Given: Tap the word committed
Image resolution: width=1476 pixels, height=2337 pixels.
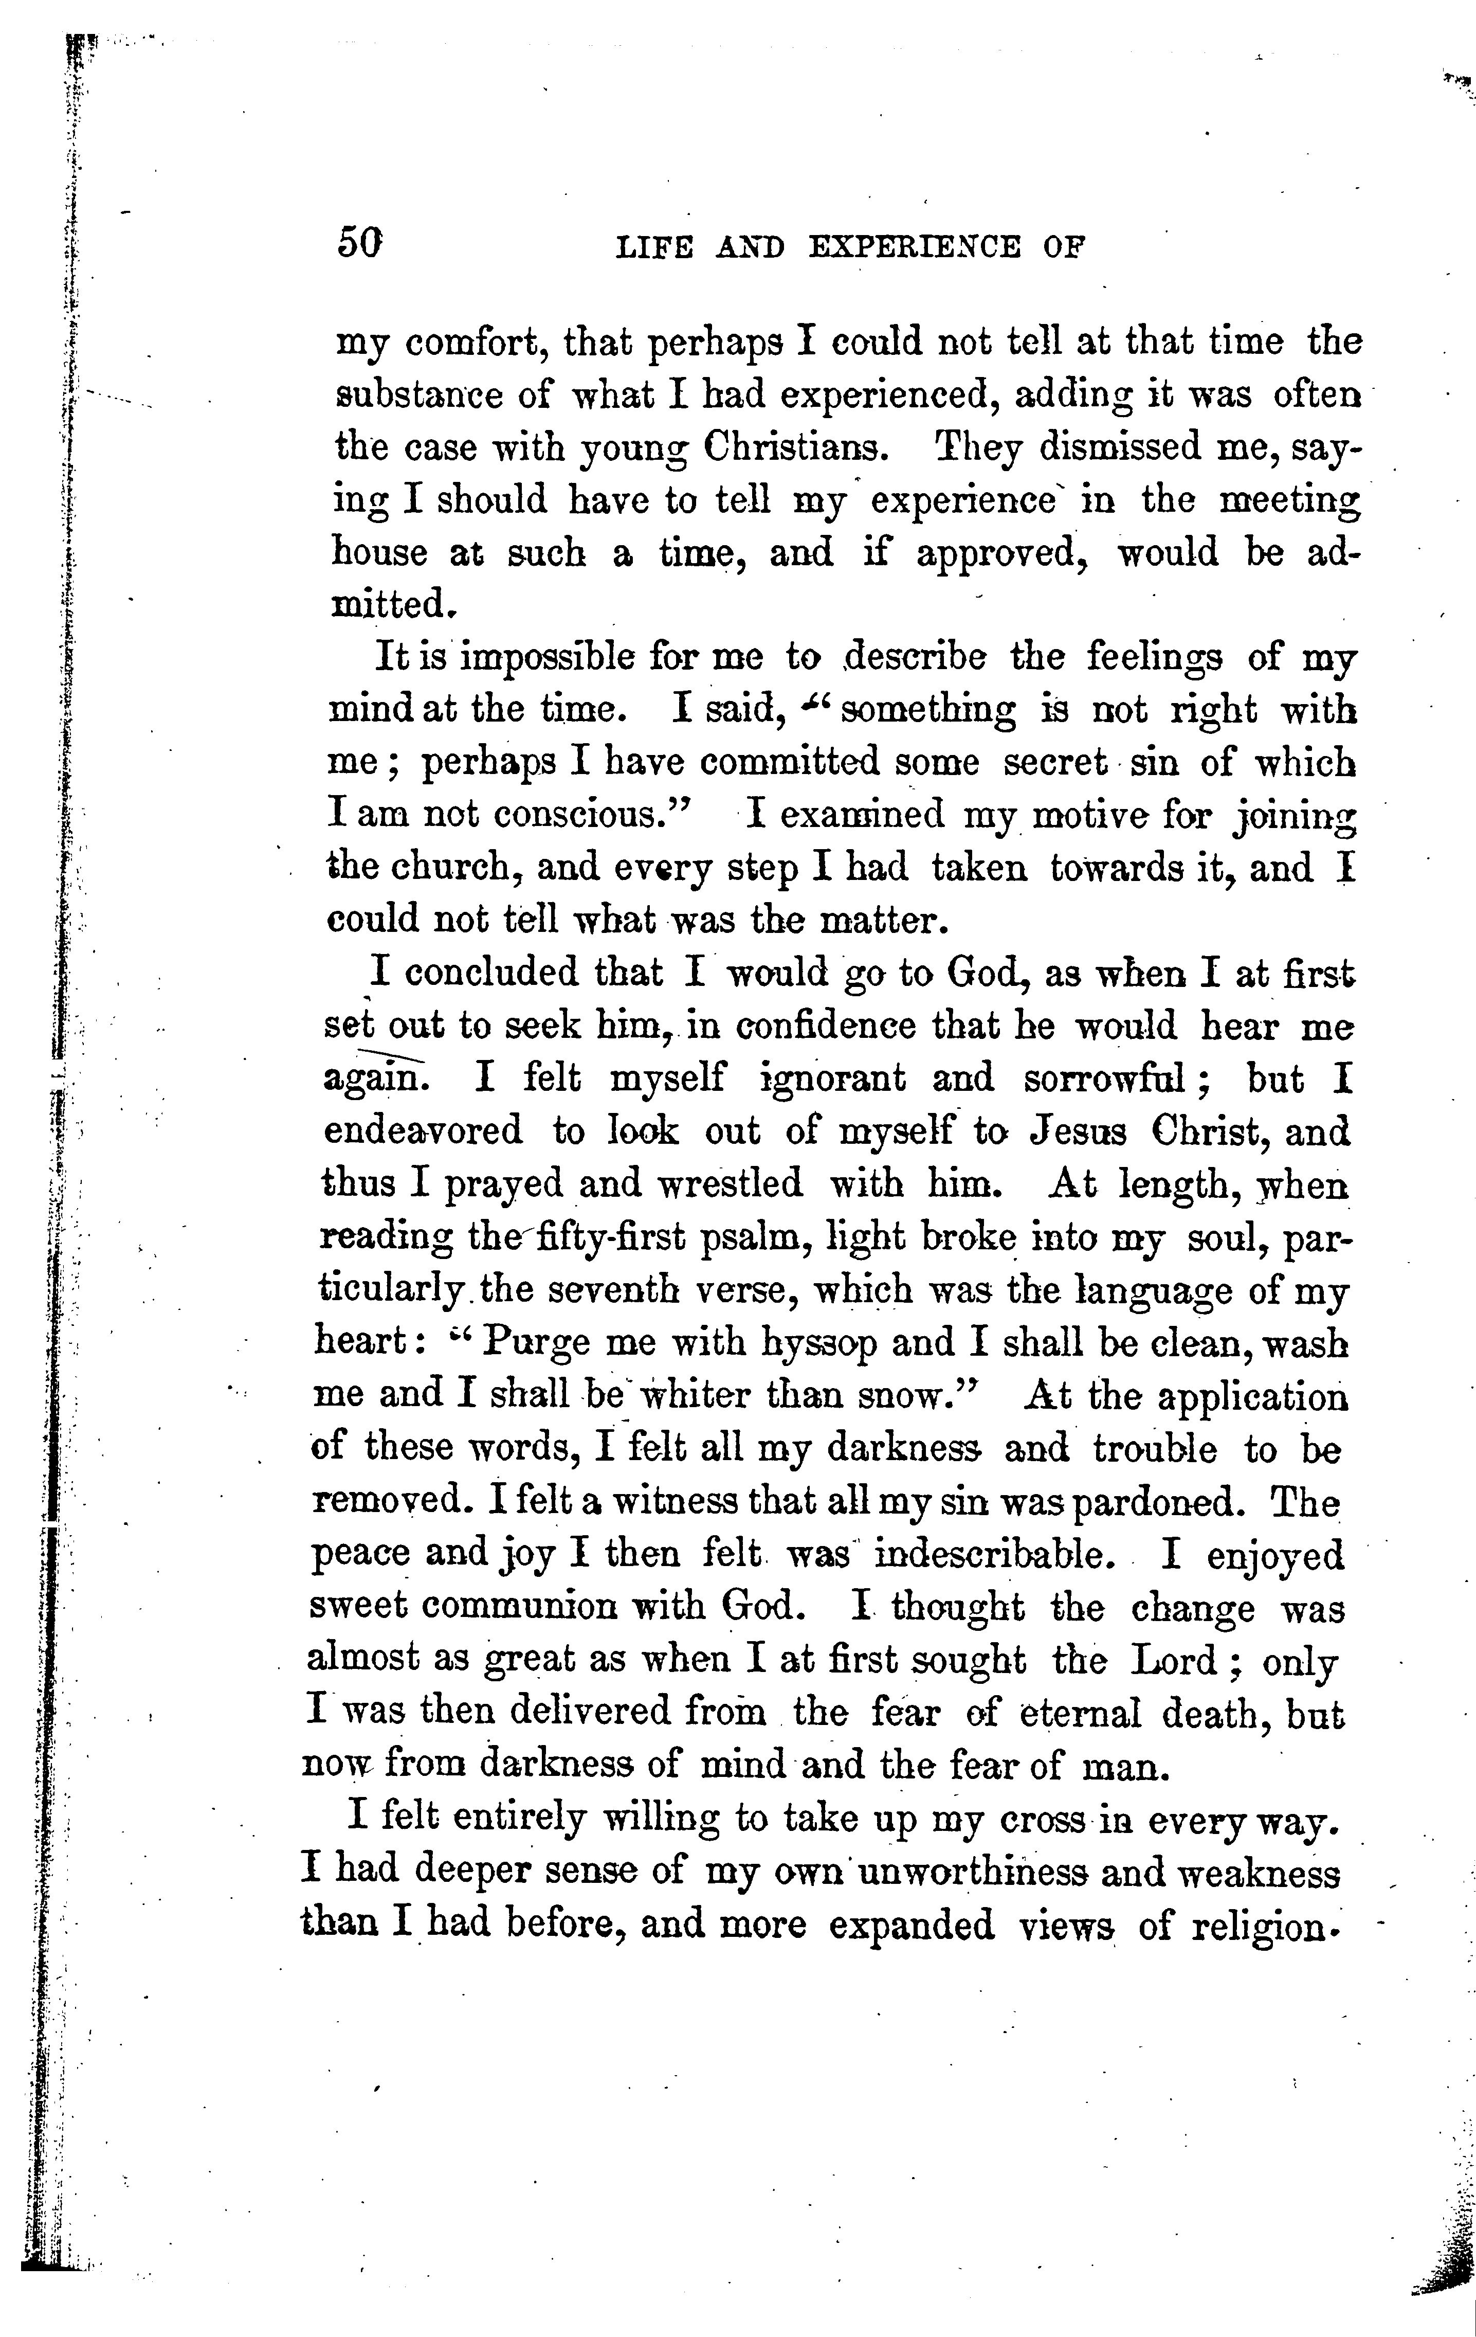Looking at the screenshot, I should (x=790, y=763).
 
